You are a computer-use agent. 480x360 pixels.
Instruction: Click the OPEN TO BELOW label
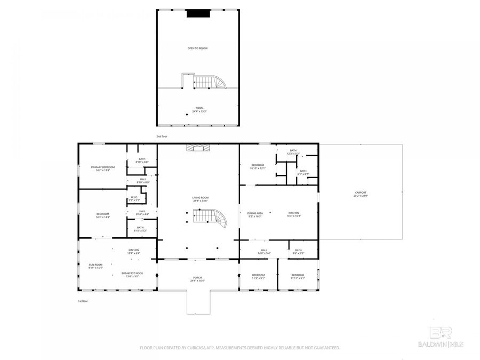point(197,49)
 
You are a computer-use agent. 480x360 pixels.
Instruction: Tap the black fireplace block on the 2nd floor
point(198,14)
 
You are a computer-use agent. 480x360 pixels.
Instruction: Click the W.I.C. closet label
point(135,198)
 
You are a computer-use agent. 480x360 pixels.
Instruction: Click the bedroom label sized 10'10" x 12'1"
point(258,166)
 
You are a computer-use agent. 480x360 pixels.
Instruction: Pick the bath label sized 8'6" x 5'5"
point(298,252)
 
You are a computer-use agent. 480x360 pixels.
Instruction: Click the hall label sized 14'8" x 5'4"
point(263,252)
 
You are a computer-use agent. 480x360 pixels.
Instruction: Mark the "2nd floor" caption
point(162,137)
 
